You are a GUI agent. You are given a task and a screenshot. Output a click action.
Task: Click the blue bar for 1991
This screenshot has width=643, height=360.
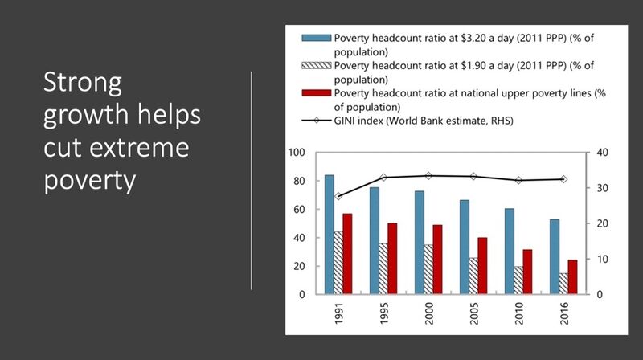pyautogui.click(x=330, y=235)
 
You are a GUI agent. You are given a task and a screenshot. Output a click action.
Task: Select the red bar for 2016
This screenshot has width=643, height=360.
pyautogui.click(x=572, y=277)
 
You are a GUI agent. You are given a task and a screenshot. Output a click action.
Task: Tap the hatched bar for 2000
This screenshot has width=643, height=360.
pyautogui.click(x=428, y=269)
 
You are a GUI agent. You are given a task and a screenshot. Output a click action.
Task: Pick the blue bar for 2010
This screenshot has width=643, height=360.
pyautogui.click(x=510, y=252)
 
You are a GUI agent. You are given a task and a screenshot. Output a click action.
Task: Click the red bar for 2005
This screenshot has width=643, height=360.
pyautogui.click(x=483, y=266)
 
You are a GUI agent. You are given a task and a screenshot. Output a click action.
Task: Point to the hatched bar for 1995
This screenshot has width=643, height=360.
pyautogui.click(x=383, y=269)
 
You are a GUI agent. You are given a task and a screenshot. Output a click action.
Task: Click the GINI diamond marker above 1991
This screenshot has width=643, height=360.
pyautogui.click(x=338, y=196)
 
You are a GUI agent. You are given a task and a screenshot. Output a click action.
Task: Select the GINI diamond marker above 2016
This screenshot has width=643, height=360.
pyautogui.click(x=564, y=179)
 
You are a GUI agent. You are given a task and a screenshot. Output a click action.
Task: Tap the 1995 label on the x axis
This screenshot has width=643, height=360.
pyautogui.click(x=384, y=313)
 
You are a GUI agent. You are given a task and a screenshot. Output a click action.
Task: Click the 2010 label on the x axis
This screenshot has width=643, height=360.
pyautogui.click(x=518, y=313)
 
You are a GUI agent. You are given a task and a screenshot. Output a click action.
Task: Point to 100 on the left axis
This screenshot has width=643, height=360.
pyautogui.click(x=297, y=153)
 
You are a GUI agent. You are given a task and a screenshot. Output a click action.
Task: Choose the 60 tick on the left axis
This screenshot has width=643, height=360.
pyautogui.click(x=299, y=210)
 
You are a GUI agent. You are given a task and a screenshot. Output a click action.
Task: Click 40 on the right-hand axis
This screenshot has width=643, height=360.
pyautogui.click(x=602, y=153)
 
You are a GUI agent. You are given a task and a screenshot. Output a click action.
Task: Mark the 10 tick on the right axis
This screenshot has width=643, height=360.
pyautogui.click(x=602, y=259)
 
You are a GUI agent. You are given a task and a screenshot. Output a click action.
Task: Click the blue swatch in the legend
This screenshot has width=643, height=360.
pyautogui.click(x=316, y=38)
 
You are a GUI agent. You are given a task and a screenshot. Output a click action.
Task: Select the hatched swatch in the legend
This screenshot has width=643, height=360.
pyautogui.click(x=316, y=65)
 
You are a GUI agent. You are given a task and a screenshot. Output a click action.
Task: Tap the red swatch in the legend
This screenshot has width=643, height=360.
pyautogui.click(x=316, y=93)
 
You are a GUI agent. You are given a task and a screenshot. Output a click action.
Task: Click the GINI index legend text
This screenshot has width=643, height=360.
pyautogui.click(x=424, y=121)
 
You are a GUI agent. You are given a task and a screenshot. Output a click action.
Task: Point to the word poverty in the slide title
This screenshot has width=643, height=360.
pyautogui.click(x=90, y=181)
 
